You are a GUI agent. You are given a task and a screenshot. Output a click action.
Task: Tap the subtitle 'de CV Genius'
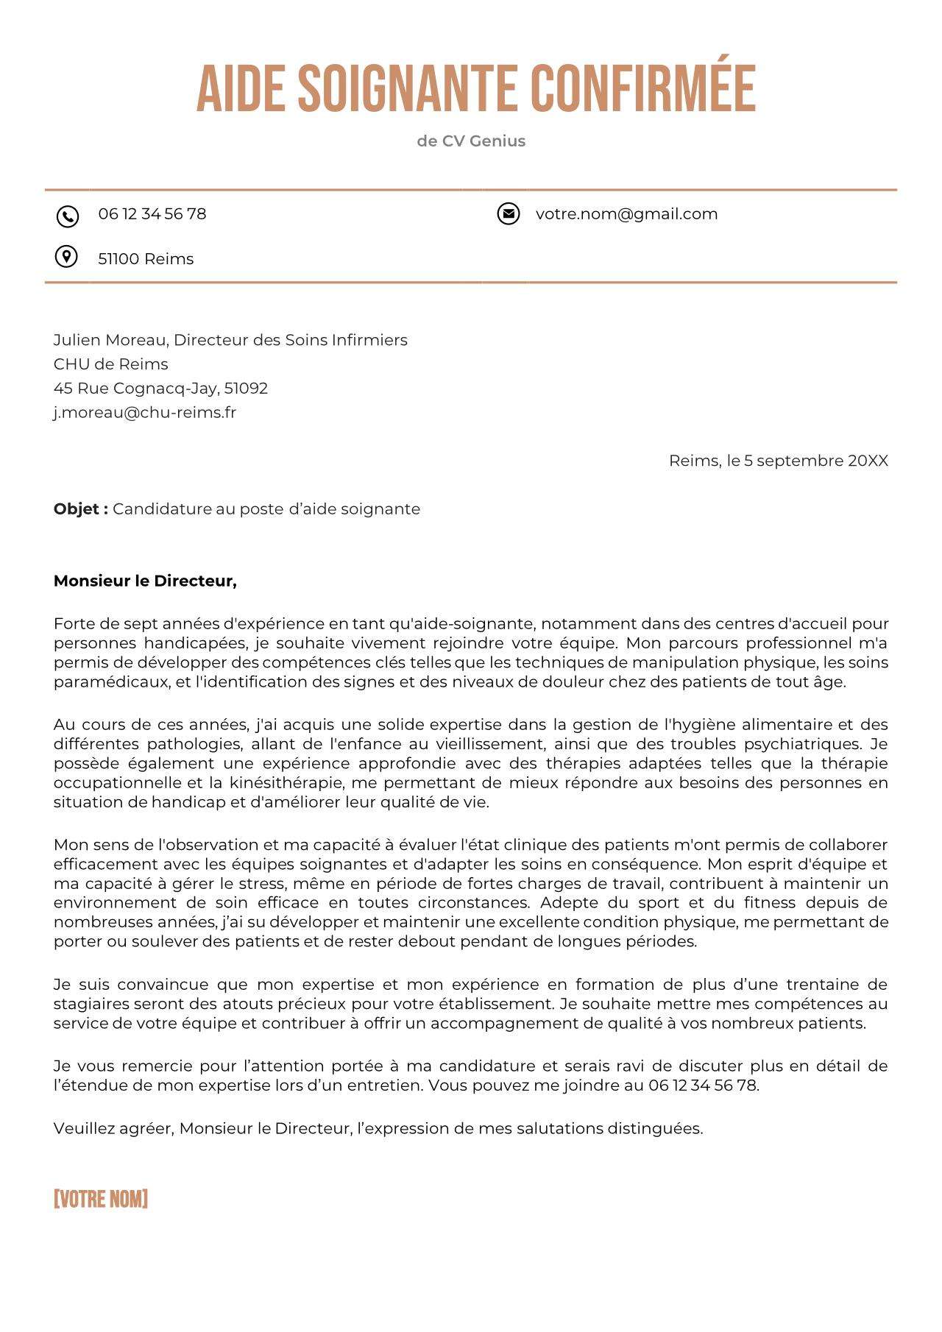tap(471, 141)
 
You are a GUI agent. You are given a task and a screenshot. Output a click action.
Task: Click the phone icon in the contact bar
tap(67, 216)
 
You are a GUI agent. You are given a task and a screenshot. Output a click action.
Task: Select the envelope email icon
tap(508, 213)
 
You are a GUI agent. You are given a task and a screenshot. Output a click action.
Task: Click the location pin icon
tap(66, 257)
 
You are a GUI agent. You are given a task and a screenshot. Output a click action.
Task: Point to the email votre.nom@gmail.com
tap(626, 214)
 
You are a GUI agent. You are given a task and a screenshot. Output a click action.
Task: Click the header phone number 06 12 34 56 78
tap(152, 214)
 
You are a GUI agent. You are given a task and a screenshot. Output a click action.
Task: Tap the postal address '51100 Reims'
tap(146, 259)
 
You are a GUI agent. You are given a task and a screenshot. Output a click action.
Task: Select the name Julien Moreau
tap(110, 340)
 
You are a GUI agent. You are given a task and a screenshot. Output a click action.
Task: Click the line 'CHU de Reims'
tap(110, 364)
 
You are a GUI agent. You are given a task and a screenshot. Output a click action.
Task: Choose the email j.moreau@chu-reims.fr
tap(144, 413)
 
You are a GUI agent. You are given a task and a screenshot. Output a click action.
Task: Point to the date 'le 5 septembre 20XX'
tap(807, 461)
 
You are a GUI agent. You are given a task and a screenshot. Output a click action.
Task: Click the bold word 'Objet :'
tap(80, 509)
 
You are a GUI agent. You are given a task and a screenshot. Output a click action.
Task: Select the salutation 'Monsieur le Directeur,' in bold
tap(145, 581)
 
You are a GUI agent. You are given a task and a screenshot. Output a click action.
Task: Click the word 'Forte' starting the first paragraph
tap(74, 624)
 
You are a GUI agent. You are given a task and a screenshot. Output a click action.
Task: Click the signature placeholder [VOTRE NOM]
tap(101, 1199)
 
